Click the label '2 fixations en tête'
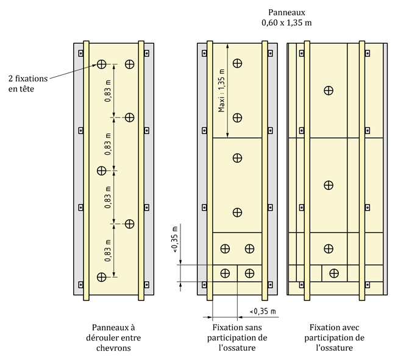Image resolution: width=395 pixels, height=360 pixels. (x=27, y=83)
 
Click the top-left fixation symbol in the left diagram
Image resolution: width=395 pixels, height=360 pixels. (x=101, y=64)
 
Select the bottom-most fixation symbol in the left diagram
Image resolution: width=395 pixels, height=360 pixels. (x=101, y=277)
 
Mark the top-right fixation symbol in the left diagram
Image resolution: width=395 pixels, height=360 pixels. (x=129, y=64)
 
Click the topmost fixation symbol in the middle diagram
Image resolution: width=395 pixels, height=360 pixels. (x=238, y=63)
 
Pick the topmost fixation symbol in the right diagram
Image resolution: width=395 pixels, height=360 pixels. (x=329, y=90)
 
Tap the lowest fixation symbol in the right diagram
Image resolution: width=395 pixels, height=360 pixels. (x=334, y=272)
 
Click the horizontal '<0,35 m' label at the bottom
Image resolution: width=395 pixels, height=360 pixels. (x=262, y=312)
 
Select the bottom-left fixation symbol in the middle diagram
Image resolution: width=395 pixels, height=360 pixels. (x=226, y=272)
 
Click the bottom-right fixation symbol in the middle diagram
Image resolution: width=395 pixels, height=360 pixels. (x=249, y=272)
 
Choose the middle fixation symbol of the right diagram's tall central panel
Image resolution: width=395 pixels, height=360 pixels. (x=329, y=185)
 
